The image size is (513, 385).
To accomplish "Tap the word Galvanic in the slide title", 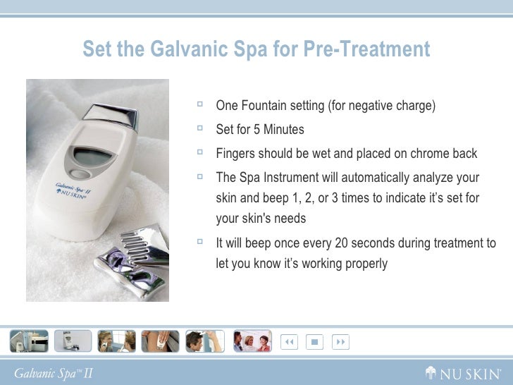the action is (189, 49).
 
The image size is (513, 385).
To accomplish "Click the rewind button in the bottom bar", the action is (289, 342).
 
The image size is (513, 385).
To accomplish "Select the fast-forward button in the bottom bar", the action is (340, 342).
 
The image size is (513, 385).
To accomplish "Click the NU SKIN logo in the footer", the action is (463, 373).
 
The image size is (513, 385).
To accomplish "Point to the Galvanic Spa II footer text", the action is (54, 374).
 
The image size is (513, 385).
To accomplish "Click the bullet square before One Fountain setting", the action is (200, 104).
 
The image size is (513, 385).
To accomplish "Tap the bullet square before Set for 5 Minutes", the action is (200, 128).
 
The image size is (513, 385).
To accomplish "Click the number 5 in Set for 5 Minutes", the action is (256, 129).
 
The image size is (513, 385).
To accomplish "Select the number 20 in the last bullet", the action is (342, 243).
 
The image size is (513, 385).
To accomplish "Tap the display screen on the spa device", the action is (92, 157).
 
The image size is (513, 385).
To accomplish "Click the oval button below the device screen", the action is (80, 174).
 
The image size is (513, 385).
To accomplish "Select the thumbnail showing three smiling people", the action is (252, 341).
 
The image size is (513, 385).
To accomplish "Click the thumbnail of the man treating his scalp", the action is (205, 341).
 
